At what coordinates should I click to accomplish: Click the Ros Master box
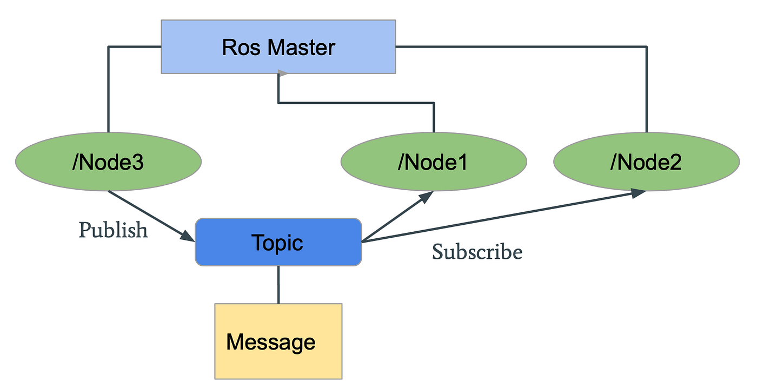[278, 46]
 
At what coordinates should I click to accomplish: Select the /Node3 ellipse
[108, 162]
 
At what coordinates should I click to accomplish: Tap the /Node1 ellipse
[434, 162]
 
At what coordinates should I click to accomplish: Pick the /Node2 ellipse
[646, 162]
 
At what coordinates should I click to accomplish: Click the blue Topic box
[278, 242]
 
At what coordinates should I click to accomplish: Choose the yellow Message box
[278, 341]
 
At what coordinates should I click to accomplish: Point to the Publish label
[113, 230]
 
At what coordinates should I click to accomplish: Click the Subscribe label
[477, 252]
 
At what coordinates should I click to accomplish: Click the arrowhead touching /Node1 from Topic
[426, 196]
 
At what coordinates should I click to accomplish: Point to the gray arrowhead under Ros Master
[281, 73]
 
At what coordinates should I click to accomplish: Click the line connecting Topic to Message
[278, 284]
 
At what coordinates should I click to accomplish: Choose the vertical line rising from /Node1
[434, 117]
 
